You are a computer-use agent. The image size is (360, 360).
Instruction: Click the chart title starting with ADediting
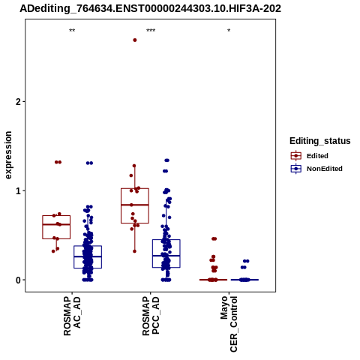pyautogui.click(x=150, y=9)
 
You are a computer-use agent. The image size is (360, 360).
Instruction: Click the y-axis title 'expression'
pyautogui.click(x=8, y=155)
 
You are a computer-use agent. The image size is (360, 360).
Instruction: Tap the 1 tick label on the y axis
pyautogui.click(x=19, y=191)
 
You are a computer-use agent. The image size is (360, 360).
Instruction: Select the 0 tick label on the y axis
pyautogui.click(x=19, y=280)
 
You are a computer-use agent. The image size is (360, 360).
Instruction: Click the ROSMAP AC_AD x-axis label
pyautogui.click(x=72, y=316)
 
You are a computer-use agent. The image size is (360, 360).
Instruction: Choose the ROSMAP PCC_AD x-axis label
pyautogui.click(x=151, y=316)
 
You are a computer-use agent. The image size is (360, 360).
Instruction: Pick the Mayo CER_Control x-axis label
pyautogui.click(x=229, y=324)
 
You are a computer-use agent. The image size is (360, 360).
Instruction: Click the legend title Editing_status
pyautogui.click(x=320, y=141)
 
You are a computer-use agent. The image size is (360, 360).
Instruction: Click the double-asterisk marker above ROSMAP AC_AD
pyautogui.click(x=72, y=31)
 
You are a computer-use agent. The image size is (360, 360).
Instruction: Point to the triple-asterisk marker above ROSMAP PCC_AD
pyautogui.click(x=151, y=31)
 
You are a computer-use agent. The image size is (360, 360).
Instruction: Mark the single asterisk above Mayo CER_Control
pyautogui.click(x=229, y=31)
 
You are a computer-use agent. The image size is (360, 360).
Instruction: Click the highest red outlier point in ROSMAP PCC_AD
pyautogui.click(x=135, y=40)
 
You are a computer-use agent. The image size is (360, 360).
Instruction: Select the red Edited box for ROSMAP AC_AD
pyautogui.click(x=56, y=215)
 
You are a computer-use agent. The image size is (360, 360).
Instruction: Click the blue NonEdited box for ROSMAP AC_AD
pyautogui.click(x=88, y=246)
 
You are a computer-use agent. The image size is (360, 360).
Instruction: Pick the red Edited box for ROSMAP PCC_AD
pyautogui.click(x=135, y=188)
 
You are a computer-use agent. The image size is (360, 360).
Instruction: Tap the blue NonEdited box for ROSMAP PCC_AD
pyautogui.click(x=166, y=240)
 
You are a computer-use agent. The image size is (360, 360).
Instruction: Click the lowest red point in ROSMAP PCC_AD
pyautogui.click(x=134, y=251)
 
